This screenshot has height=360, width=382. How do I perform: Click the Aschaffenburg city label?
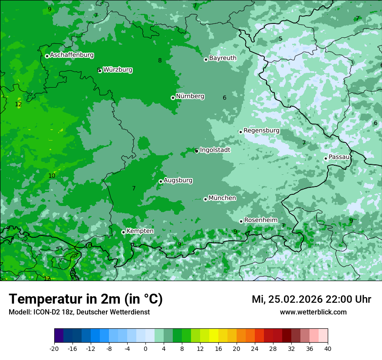click(x=72, y=55)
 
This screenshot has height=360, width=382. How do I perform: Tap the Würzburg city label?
click(x=118, y=70)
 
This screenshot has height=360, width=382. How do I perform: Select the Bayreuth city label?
click(x=223, y=58)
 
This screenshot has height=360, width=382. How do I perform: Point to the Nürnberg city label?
click(x=190, y=96)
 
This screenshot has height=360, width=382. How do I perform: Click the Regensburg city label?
click(x=261, y=131)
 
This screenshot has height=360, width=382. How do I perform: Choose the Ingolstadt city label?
click(x=215, y=150)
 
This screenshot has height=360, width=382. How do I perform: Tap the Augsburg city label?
click(x=178, y=180)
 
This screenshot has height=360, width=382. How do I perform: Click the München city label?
click(x=222, y=198)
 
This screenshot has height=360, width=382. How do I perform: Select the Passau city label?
click(x=339, y=157)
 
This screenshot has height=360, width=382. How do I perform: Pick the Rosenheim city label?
click(x=260, y=220)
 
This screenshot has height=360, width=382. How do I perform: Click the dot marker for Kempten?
click(x=123, y=232)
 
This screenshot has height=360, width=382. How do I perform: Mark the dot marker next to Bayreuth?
click(x=206, y=59)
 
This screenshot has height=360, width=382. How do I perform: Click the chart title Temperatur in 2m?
click(x=86, y=299)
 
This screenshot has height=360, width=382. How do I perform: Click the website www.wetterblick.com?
click(x=313, y=312)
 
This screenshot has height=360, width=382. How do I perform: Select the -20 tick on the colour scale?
click(x=54, y=348)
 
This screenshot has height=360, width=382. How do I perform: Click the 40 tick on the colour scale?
click(x=328, y=348)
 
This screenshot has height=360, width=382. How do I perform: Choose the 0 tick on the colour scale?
click(x=145, y=348)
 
